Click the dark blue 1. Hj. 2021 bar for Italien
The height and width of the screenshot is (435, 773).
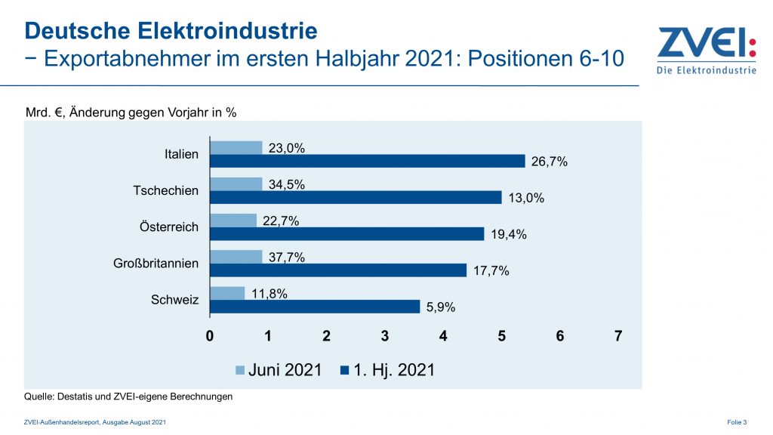367,161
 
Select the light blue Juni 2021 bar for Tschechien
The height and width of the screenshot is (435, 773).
236,184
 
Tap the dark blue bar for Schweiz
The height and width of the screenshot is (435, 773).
315,307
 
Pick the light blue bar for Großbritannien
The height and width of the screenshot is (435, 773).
236,257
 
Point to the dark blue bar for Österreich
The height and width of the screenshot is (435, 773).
346,234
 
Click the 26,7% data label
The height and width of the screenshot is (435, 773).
549,162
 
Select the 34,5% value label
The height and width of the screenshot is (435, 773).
287,184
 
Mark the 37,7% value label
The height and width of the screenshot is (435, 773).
287,257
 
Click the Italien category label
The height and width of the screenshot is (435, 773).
181,154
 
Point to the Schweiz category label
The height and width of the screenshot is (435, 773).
175,300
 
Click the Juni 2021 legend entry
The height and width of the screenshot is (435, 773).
279,370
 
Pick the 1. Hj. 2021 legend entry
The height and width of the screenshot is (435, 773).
388,370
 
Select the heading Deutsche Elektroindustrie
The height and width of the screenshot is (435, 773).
171,31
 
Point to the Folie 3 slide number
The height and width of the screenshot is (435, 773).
737,421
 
